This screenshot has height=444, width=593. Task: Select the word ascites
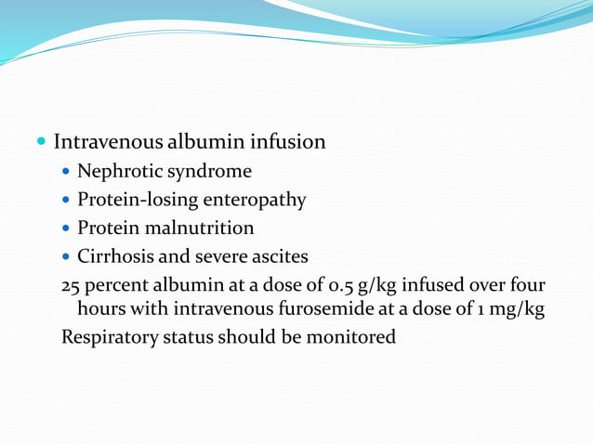click(x=276, y=255)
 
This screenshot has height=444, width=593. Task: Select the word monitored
click(x=351, y=336)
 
